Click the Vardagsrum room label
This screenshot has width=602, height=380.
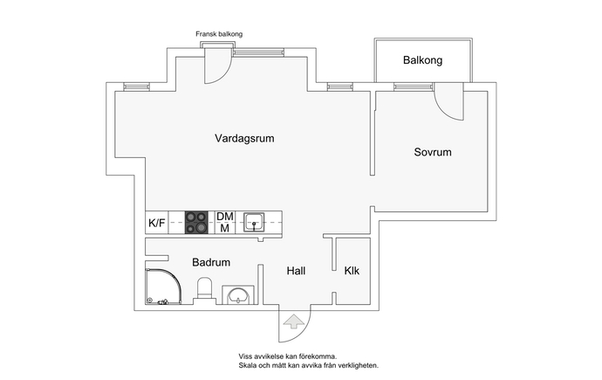click(244, 139)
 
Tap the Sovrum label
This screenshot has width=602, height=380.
click(433, 152)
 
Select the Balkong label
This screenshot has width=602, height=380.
click(422, 60)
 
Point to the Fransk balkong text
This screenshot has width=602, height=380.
click(219, 34)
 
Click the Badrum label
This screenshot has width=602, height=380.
click(211, 262)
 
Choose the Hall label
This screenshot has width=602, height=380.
click(296, 271)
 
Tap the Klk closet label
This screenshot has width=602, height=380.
click(352, 271)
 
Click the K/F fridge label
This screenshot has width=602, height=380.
click(157, 223)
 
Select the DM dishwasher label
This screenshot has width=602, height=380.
click(225, 217)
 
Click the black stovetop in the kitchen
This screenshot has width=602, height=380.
click(196, 223)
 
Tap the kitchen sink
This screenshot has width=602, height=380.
click(254, 223)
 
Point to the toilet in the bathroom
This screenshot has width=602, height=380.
click(204, 290)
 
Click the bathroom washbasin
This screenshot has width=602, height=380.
click(238, 295)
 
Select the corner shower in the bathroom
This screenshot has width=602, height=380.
click(163, 287)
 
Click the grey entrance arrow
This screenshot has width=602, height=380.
click(293, 321)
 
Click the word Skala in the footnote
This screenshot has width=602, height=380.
click(247, 365)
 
